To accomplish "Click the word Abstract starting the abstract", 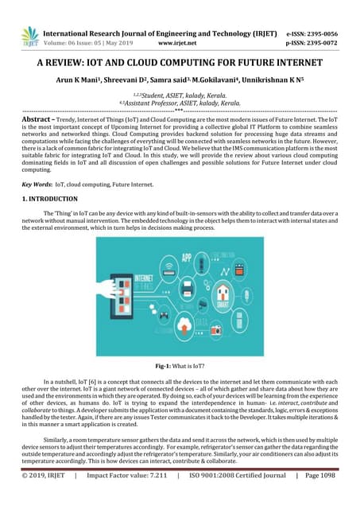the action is point(39,117).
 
